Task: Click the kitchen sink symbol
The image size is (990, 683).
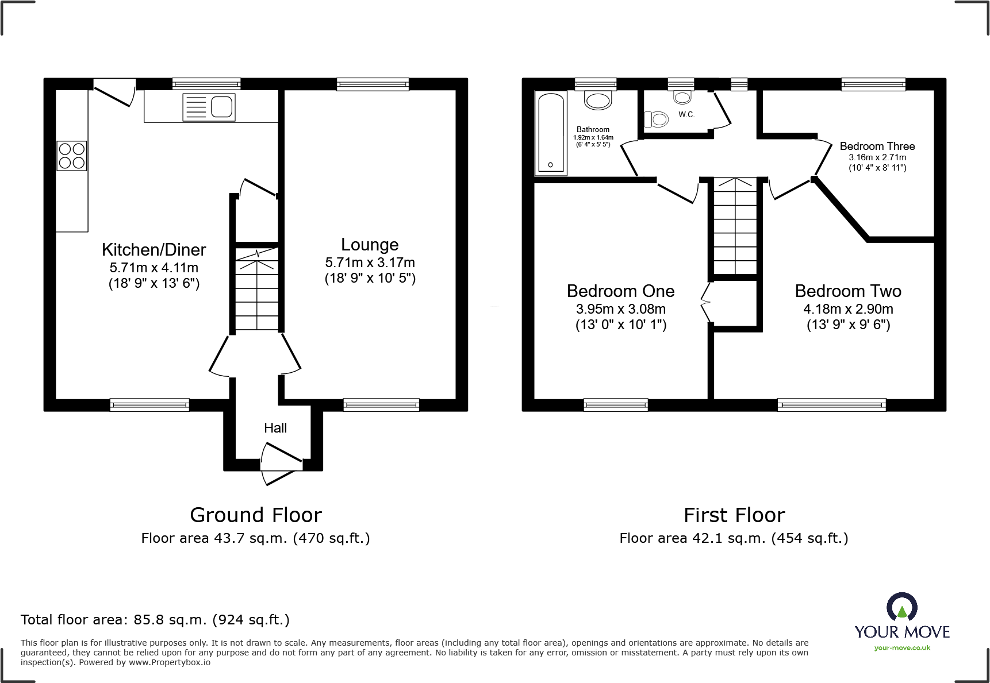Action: [209, 107]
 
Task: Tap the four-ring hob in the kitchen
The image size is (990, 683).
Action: [72, 156]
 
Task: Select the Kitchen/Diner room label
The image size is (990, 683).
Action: [154, 250]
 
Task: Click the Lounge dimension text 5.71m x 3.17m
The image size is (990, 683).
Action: [370, 263]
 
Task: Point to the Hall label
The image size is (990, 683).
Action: [275, 428]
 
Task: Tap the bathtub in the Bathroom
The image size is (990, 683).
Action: [551, 134]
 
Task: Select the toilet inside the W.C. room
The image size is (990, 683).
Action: [657, 119]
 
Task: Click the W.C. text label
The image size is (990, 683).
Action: [686, 114]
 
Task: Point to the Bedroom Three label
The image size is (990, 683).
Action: [877, 146]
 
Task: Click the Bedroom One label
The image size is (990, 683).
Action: [620, 291]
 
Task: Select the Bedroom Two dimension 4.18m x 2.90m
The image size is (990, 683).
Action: [848, 309]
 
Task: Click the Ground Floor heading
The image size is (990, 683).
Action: [256, 515]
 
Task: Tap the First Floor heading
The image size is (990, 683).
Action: [734, 515]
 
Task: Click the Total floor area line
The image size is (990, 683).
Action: [155, 620]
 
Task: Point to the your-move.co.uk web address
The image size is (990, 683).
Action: [902, 648]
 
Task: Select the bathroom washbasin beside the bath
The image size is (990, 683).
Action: [598, 101]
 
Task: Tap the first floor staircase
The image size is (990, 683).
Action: [735, 227]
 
